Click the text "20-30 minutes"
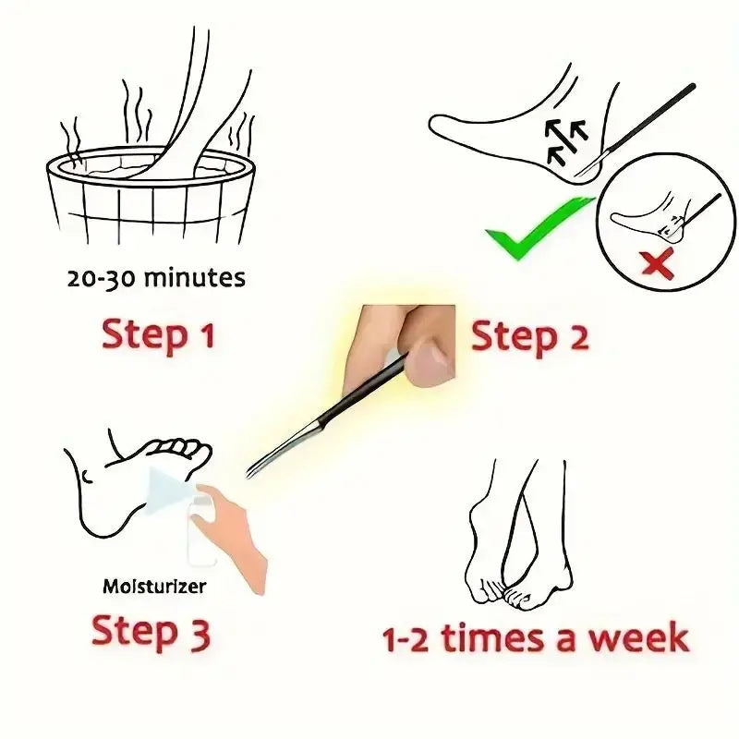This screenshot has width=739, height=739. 156,277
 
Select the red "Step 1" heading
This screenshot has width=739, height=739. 158,334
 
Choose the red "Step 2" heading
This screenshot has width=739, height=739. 529,337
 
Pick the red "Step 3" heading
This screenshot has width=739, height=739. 151,633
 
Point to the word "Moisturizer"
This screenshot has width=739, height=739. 153,586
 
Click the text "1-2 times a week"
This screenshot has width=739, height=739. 536,638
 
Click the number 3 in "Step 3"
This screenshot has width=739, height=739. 197,634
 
